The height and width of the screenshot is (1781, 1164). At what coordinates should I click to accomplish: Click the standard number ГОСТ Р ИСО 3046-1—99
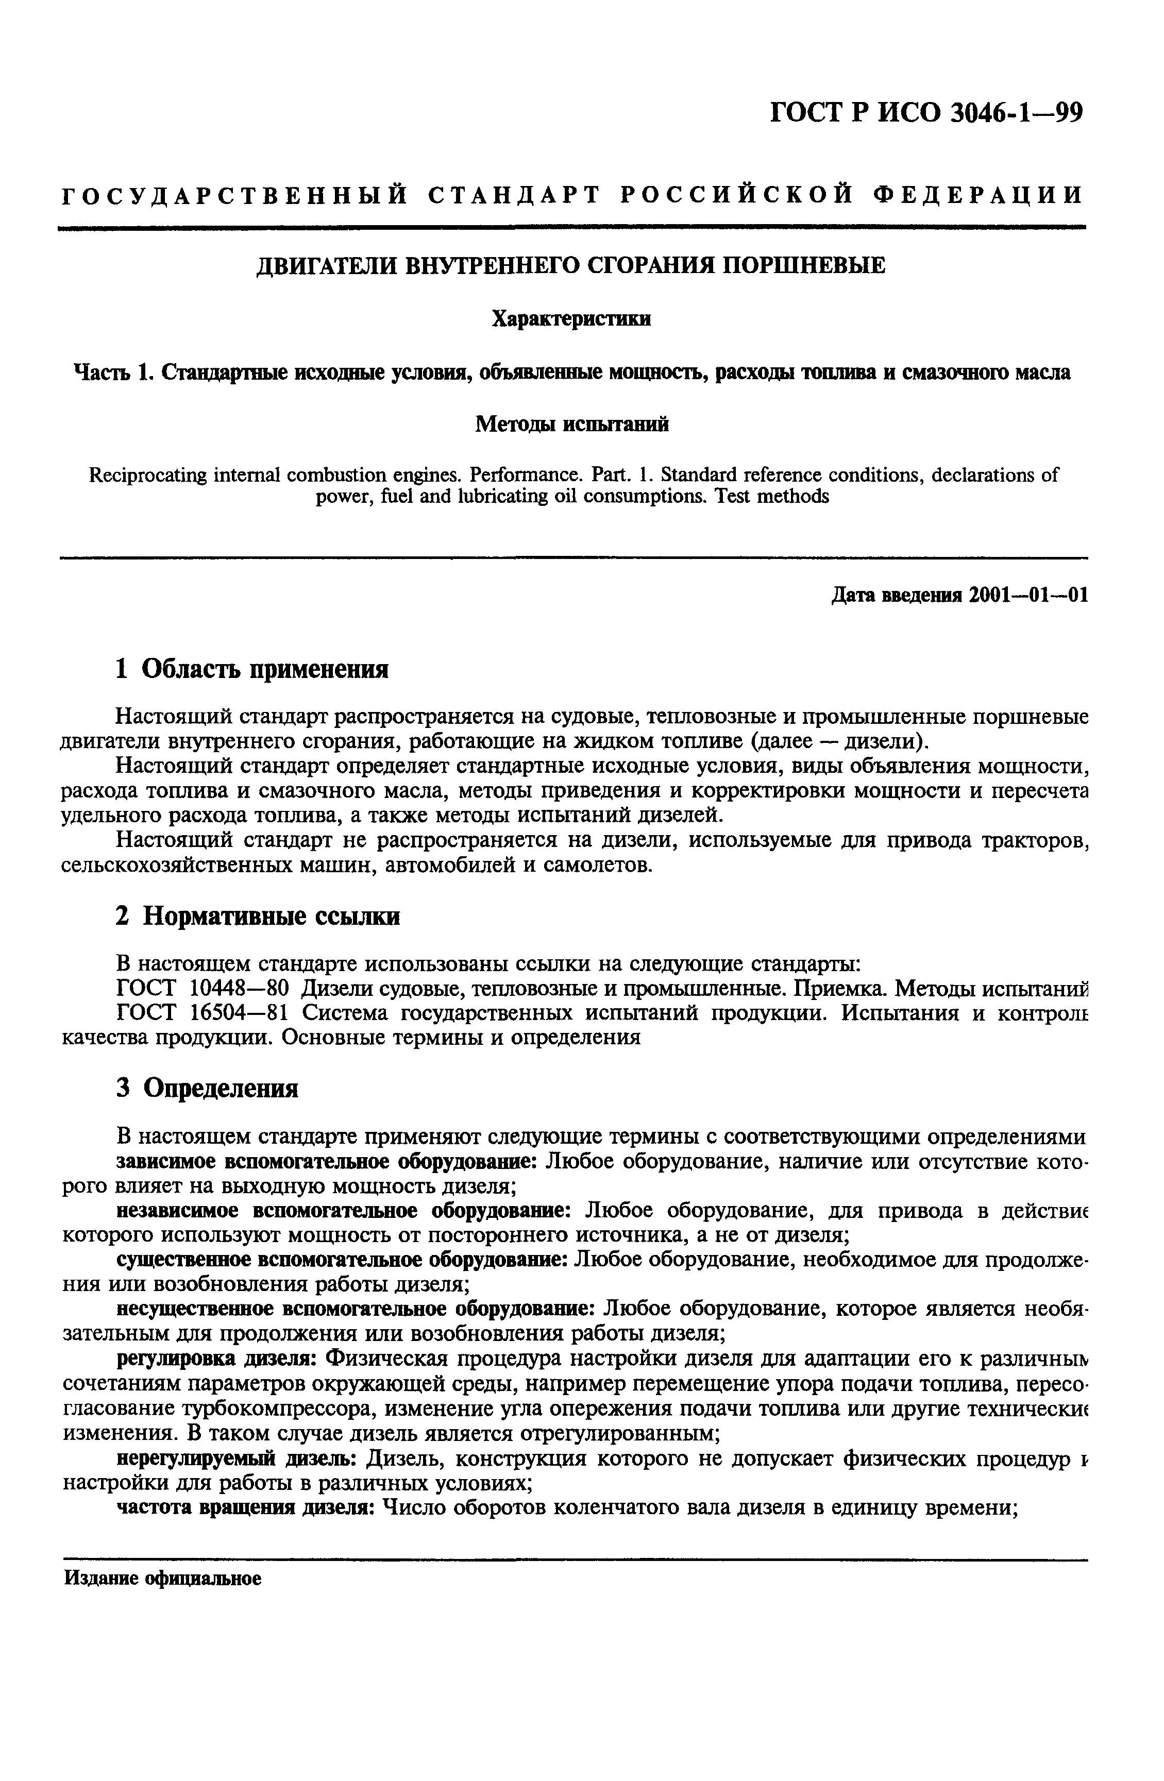(x=926, y=112)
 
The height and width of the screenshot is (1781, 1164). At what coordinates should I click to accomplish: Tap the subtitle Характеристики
(x=571, y=319)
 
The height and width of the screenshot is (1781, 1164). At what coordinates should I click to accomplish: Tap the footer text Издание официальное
(x=162, y=1579)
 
